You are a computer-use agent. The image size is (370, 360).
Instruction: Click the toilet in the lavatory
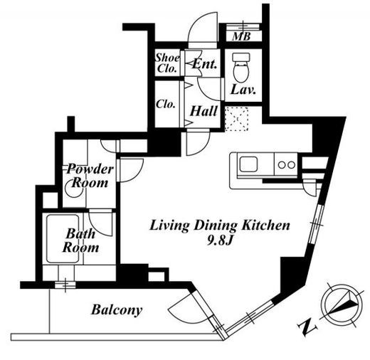tap(241, 67)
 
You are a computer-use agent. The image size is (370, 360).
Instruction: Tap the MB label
tap(242, 36)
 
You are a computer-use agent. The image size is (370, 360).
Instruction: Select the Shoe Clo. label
tap(167, 63)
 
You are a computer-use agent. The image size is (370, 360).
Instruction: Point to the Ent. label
tap(205, 63)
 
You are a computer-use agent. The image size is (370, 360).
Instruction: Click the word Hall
tap(203, 111)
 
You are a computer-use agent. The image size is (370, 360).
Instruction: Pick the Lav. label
tap(243, 90)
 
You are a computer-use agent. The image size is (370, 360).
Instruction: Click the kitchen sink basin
tap(248, 164)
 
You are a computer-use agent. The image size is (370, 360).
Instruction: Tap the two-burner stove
tap(286, 164)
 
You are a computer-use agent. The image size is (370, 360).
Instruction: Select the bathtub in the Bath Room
tap(63, 238)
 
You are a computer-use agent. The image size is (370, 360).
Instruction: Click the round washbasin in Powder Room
tap(72, 189)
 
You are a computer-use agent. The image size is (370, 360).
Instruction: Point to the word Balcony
tap(117, 310)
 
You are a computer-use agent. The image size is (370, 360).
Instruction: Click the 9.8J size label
tap(219, 241)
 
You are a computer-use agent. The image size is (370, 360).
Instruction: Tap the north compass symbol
tap(342, 304)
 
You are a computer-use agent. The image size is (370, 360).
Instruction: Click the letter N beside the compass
tap(307, 327)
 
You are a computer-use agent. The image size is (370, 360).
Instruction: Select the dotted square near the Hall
tap(236, 119)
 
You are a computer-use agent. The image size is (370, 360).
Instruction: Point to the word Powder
tap(90, 169)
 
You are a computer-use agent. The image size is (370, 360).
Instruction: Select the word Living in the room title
tap(169, 226)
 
